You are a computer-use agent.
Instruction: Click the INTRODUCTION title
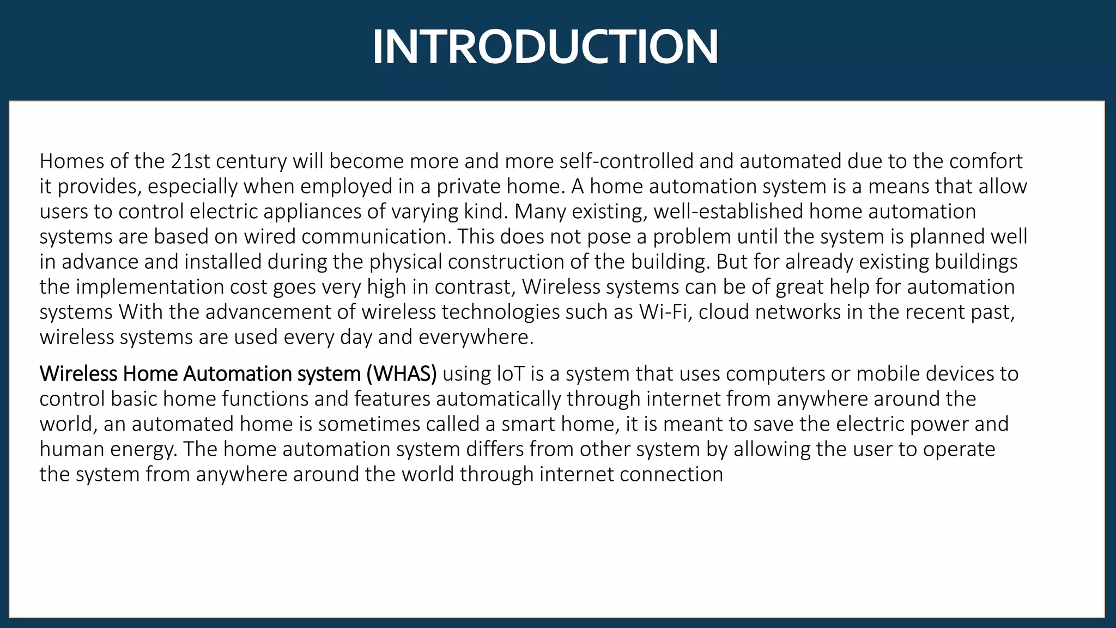[x=545, y=47]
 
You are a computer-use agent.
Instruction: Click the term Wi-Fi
[x=665, y=312]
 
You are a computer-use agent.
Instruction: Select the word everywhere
[x=476, y=337]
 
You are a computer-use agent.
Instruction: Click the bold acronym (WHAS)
[x=402, y=374]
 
